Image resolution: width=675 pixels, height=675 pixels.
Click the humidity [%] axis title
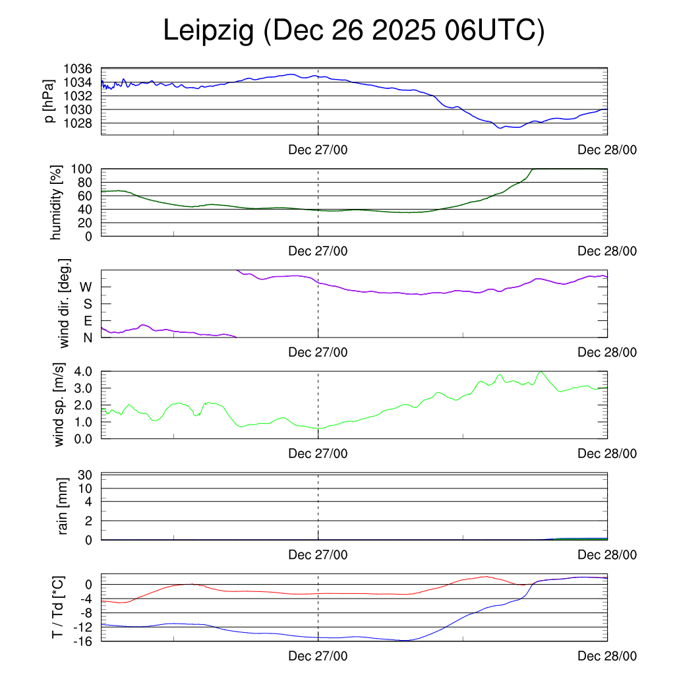tap(55, 202)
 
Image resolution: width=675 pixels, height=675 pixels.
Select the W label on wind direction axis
tap(86, 287)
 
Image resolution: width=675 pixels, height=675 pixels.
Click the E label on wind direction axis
tap(87, 320)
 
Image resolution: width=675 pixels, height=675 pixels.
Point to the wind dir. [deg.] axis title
tap(65, 304)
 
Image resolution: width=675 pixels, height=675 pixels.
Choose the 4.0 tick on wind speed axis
tap(84, 371)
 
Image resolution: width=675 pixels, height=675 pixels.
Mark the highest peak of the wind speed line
tap(541, 372)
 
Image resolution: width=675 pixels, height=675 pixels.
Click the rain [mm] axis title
tap(63, 506)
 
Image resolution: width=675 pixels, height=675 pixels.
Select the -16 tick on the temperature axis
tap(83, 640)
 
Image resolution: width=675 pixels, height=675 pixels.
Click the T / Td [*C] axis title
tap(58, 607)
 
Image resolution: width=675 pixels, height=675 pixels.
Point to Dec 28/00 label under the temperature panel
tap(607, 657)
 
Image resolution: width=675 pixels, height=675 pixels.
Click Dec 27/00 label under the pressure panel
tap(318, 150)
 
